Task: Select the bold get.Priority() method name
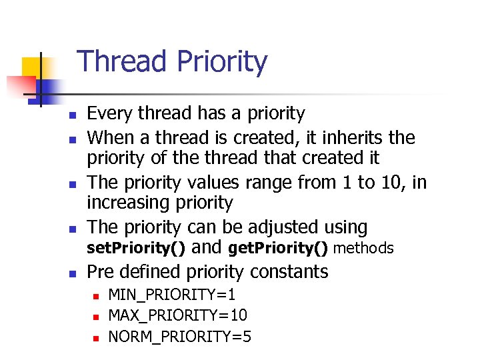tap(277, 249)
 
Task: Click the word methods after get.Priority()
tap(363, 249)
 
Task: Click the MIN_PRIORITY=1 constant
tap(171, 295)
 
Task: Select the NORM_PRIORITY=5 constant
tap(179, 337)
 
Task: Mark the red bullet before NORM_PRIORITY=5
tap(95, 338)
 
